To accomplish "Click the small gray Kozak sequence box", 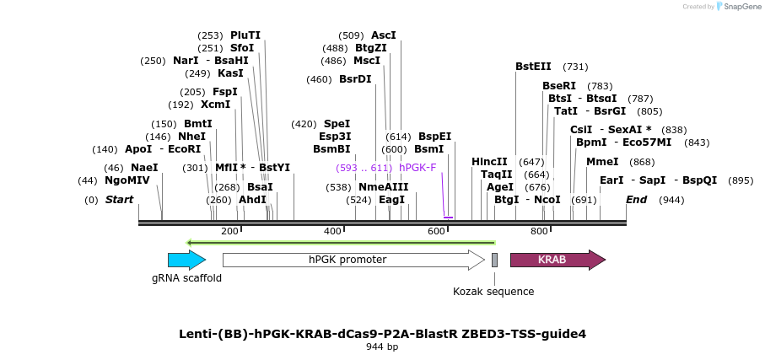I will click(494, 260).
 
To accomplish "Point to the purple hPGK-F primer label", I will click(418, 168).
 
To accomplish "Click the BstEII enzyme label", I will click(533, 67).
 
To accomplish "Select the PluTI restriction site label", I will click(245, 35).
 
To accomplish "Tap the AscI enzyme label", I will click(384, 35).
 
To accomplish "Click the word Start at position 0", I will click(119, 200).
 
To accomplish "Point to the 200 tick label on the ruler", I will click(229, 231).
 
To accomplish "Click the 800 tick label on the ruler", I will click(539, 231).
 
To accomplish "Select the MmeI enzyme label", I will click(602, 162).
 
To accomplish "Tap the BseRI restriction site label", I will click(559, 86).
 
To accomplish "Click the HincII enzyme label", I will click(489, 162).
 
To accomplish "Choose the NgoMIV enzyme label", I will click(127, 180).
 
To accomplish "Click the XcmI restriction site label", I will click(215, 105).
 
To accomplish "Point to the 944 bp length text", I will click(382, 347).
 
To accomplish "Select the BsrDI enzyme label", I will click(355, 79).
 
